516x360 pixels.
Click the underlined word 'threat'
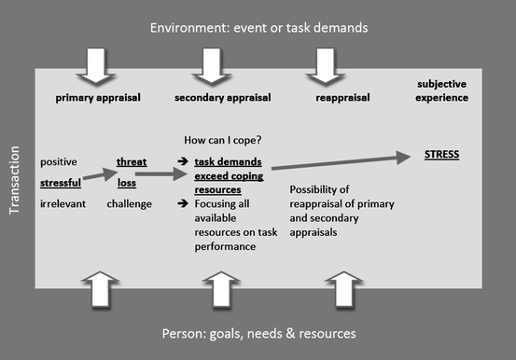tap(131, 161)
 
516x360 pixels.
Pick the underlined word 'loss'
tap(127, 183)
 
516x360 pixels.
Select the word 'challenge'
tap(129, 202)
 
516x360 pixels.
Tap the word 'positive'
tap(59, 161)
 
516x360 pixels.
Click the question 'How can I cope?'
tap(222, 140)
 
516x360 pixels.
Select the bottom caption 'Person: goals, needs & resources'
tap(258, 333)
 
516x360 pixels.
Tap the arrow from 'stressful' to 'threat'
tap(95, 174)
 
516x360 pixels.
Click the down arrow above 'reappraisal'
tap(327, 63)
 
